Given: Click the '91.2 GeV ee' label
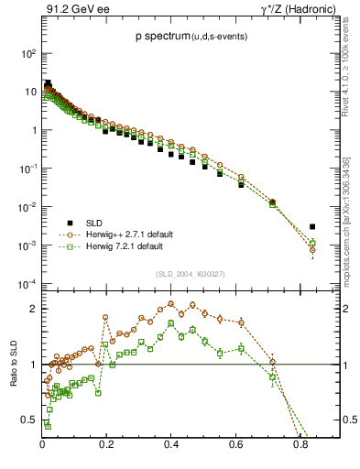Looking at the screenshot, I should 72,10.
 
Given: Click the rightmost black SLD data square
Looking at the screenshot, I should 312,226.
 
